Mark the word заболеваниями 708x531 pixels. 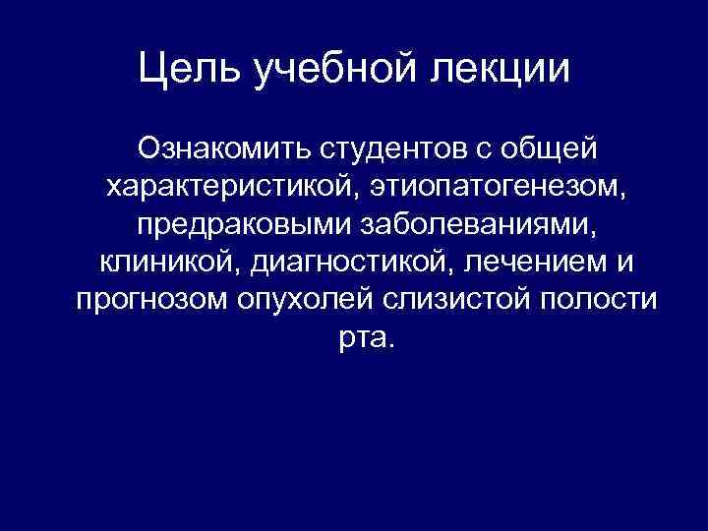tap(470, 224)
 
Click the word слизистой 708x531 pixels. tap(445, 299)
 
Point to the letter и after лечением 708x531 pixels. tap(626, 263)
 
